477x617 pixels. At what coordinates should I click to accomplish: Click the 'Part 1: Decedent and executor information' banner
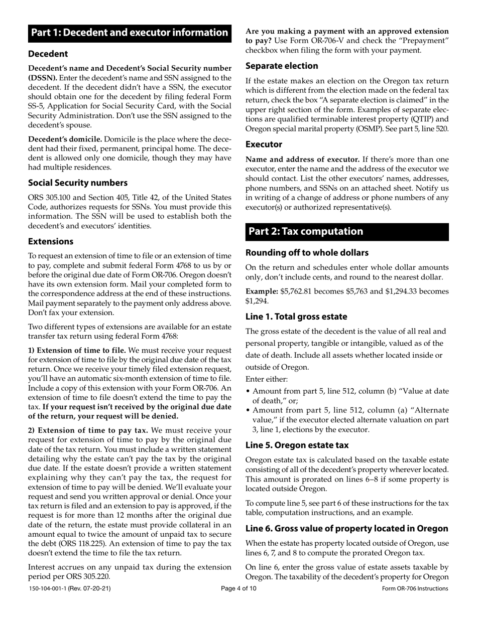click(x=130, y=33)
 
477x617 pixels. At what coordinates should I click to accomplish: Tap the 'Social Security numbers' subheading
click(x=77, y=183)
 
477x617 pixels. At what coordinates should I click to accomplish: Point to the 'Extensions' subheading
click(x=51, y=241)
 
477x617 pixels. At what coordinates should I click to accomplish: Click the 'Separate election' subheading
click(x=282, y=66)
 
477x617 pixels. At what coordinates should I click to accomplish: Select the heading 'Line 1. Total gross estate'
click(x=296, y=317)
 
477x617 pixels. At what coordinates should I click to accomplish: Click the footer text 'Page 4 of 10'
click(x=238, y=588)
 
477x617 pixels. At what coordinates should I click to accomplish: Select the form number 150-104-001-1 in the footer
click(x=50, y=588)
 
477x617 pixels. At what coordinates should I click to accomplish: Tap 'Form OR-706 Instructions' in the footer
click(x=415, y=588)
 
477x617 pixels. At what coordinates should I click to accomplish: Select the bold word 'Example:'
click(x=262, y=291)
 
